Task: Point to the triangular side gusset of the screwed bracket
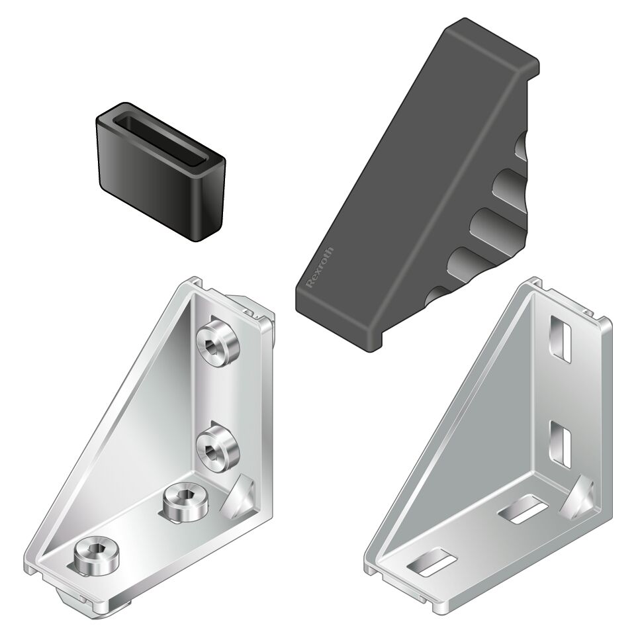132,430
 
